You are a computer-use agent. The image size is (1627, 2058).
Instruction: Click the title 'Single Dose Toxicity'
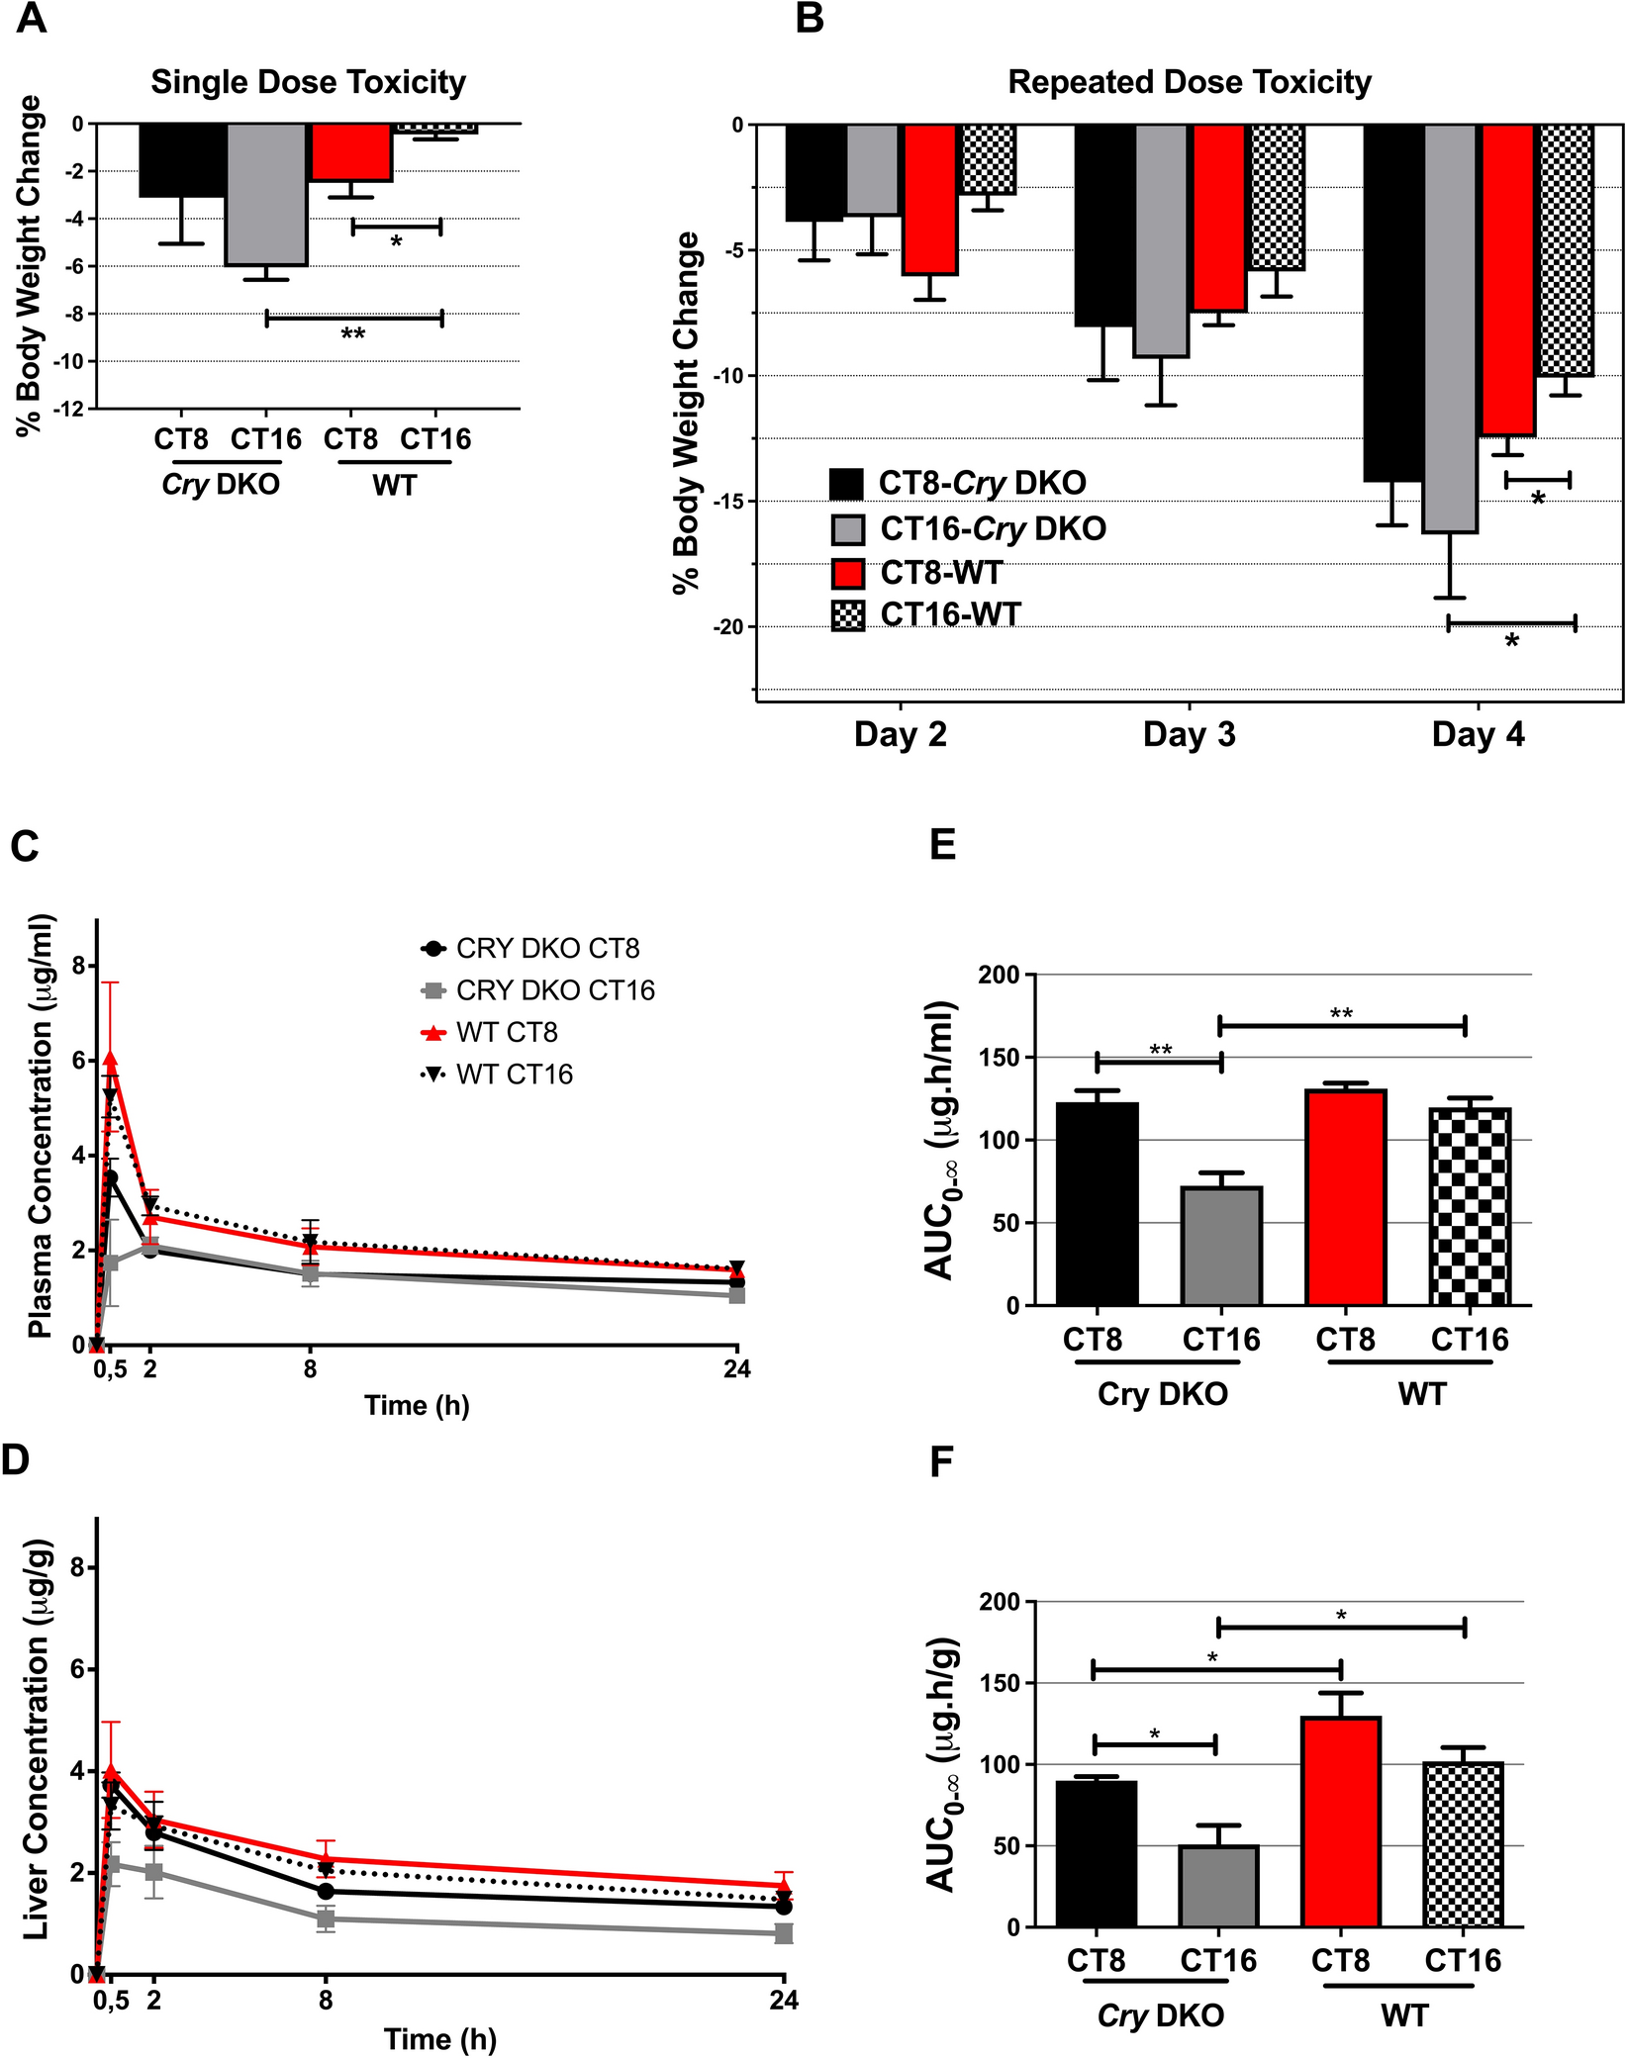click(x=308, y=82)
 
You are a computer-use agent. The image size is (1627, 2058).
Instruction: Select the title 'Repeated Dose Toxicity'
click(x=1190, y=82)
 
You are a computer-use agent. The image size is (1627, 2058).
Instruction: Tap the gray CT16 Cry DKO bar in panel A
click(x=266, y=195)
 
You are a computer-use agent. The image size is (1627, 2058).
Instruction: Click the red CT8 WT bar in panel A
click(x=351, y=152)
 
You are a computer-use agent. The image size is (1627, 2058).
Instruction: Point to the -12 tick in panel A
click(x=72, y=410)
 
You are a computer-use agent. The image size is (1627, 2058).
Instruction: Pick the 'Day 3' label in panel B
click(x=1189, y=734)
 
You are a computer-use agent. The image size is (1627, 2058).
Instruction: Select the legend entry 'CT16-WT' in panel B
click(x=950, y=614)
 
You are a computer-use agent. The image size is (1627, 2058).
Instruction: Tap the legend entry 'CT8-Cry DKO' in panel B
click(x=982, y=483)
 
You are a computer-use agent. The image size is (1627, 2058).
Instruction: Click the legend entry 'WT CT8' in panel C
click(x=507, y=1033)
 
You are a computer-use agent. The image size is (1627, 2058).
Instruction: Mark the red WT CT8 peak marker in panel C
click(x=110, y=1059)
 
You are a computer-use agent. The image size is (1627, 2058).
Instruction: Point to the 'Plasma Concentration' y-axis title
click(x=41, y=1127)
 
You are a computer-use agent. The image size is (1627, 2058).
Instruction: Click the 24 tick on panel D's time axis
click(x=784, y=2001)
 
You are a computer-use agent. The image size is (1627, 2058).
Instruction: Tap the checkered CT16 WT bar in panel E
click(x=1470, y=1208)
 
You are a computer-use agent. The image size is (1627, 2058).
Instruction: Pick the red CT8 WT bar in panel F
click(x=1341, y=1822)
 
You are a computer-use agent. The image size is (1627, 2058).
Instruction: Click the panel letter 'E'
click(x=942, y=845)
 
